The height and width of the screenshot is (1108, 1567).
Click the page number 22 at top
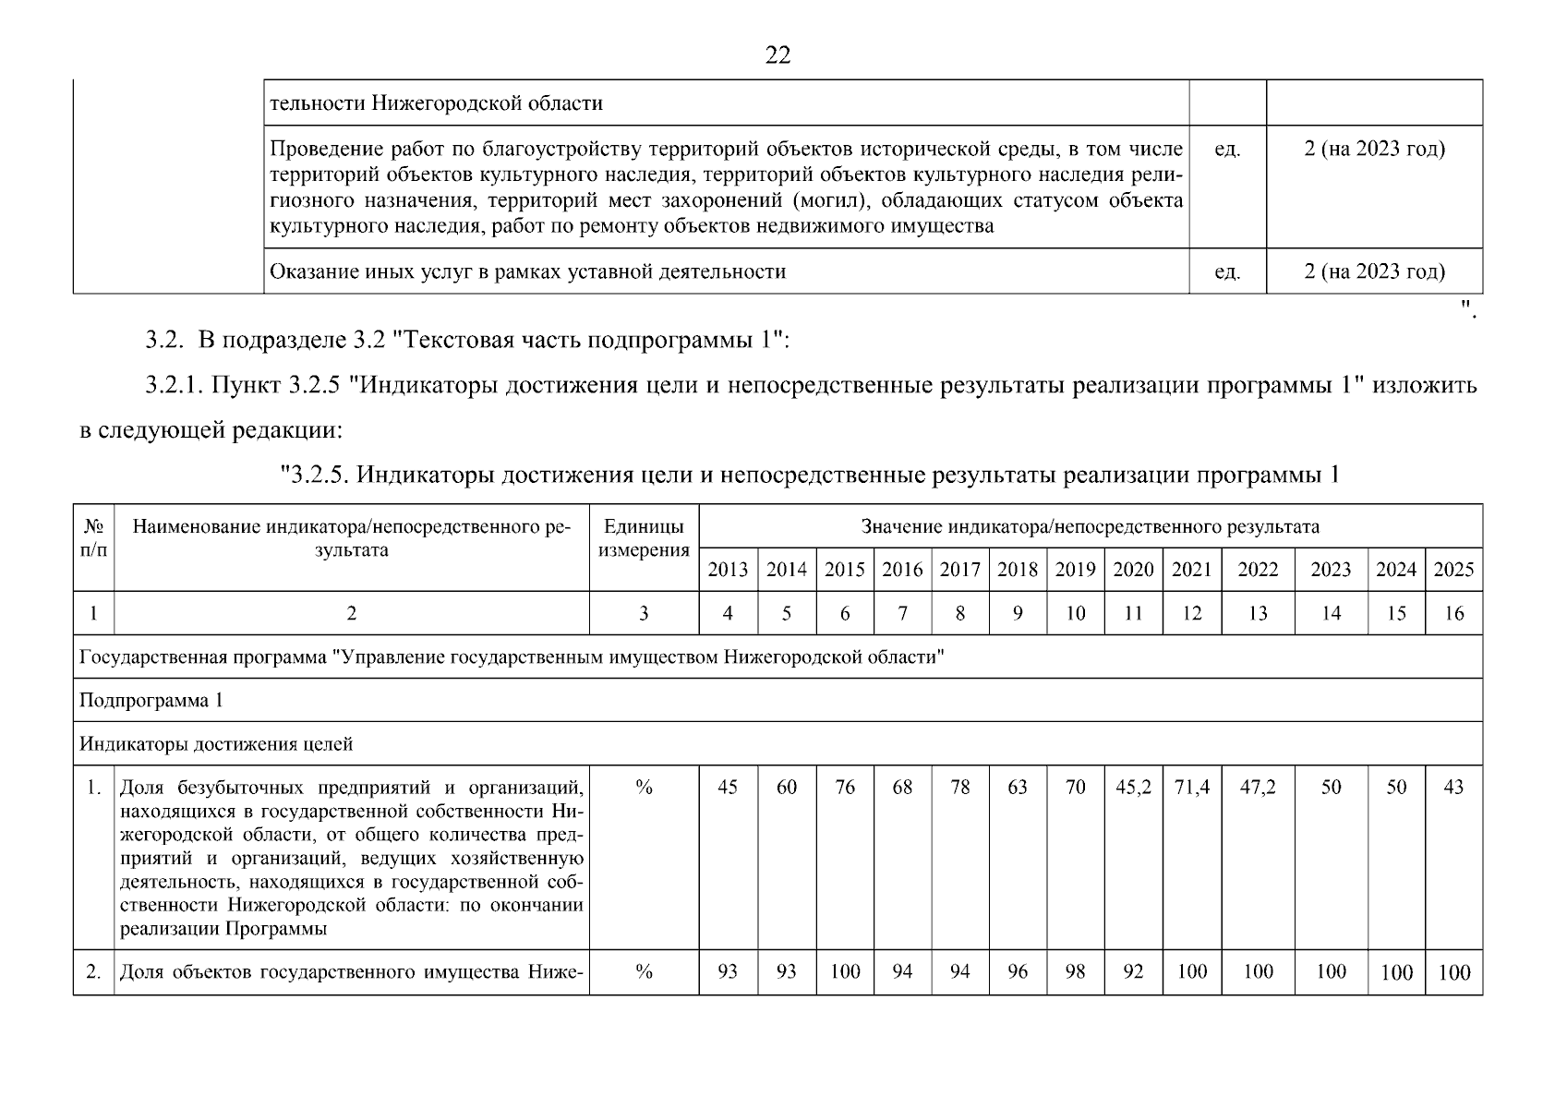[x=777, y=56]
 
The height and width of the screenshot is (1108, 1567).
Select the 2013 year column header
[x=728, y=570]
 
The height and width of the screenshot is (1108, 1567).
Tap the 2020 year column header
[x=1133, y=570]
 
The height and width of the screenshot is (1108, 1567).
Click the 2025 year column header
[x=1453, y=570]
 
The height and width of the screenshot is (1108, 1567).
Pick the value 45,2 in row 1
[x=1133, y=788]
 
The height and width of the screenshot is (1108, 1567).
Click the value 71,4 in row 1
[x=1191, y=788]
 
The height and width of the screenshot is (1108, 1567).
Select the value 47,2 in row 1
[x=1258, y=788]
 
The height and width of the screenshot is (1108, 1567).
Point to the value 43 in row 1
[x=1453, y=788]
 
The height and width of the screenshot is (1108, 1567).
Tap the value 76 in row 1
[x=845, y=788]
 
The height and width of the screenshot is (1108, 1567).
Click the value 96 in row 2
[x=1018, y=971]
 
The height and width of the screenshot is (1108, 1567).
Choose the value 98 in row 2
[x=1075, y=971]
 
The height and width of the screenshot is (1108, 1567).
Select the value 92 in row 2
[x=1133, y=971]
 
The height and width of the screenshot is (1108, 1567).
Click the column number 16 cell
[x=1453, y=614]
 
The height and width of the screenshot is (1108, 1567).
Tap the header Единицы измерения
[x=644, y=538]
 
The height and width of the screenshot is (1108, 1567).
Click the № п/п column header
[x=93, y=538]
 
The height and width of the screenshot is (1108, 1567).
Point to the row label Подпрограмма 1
[x=151, y=701]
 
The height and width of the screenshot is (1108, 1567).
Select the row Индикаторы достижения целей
[x=216, y=744]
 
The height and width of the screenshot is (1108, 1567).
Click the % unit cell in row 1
[x=644, y=788]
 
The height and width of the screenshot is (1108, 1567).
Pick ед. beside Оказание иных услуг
[x=1226, y=272]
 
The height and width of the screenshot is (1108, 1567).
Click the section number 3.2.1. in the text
[x=175, y=386]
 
